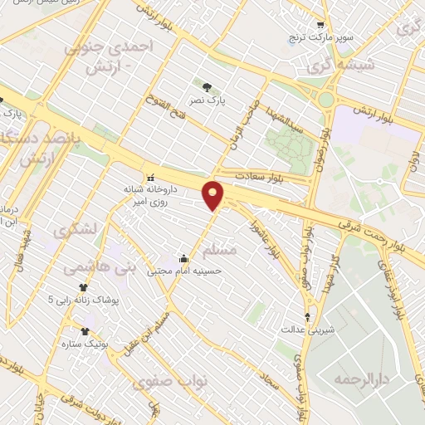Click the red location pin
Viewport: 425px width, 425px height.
coord(213,194)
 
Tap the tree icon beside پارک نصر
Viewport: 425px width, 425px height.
coord(206,85)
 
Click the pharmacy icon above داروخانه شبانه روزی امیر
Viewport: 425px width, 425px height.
coord(150,178)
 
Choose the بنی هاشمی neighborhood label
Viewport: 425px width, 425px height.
coord(87,267)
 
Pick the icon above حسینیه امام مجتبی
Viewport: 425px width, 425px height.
coord(183,256)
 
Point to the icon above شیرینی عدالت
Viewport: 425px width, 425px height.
coord(308,316)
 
